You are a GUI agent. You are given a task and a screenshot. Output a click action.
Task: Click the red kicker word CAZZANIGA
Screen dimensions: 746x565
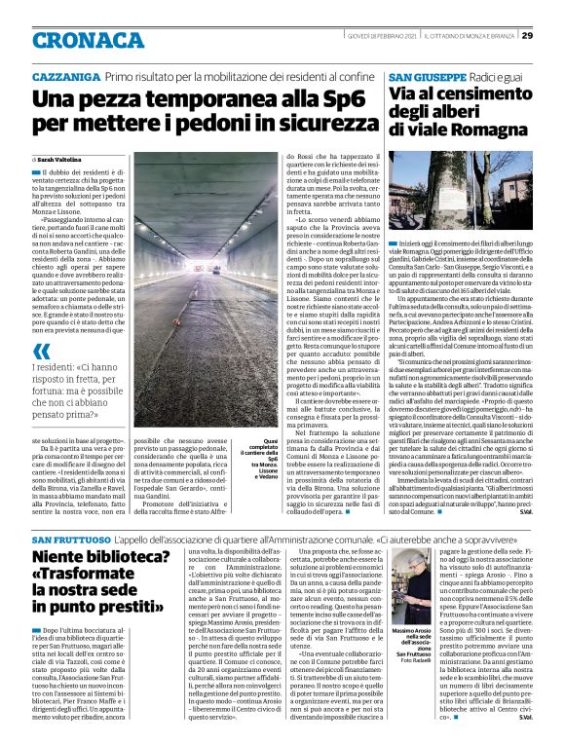click(64, 76)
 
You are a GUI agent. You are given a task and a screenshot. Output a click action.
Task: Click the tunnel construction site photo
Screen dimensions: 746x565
click(206, 291)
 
